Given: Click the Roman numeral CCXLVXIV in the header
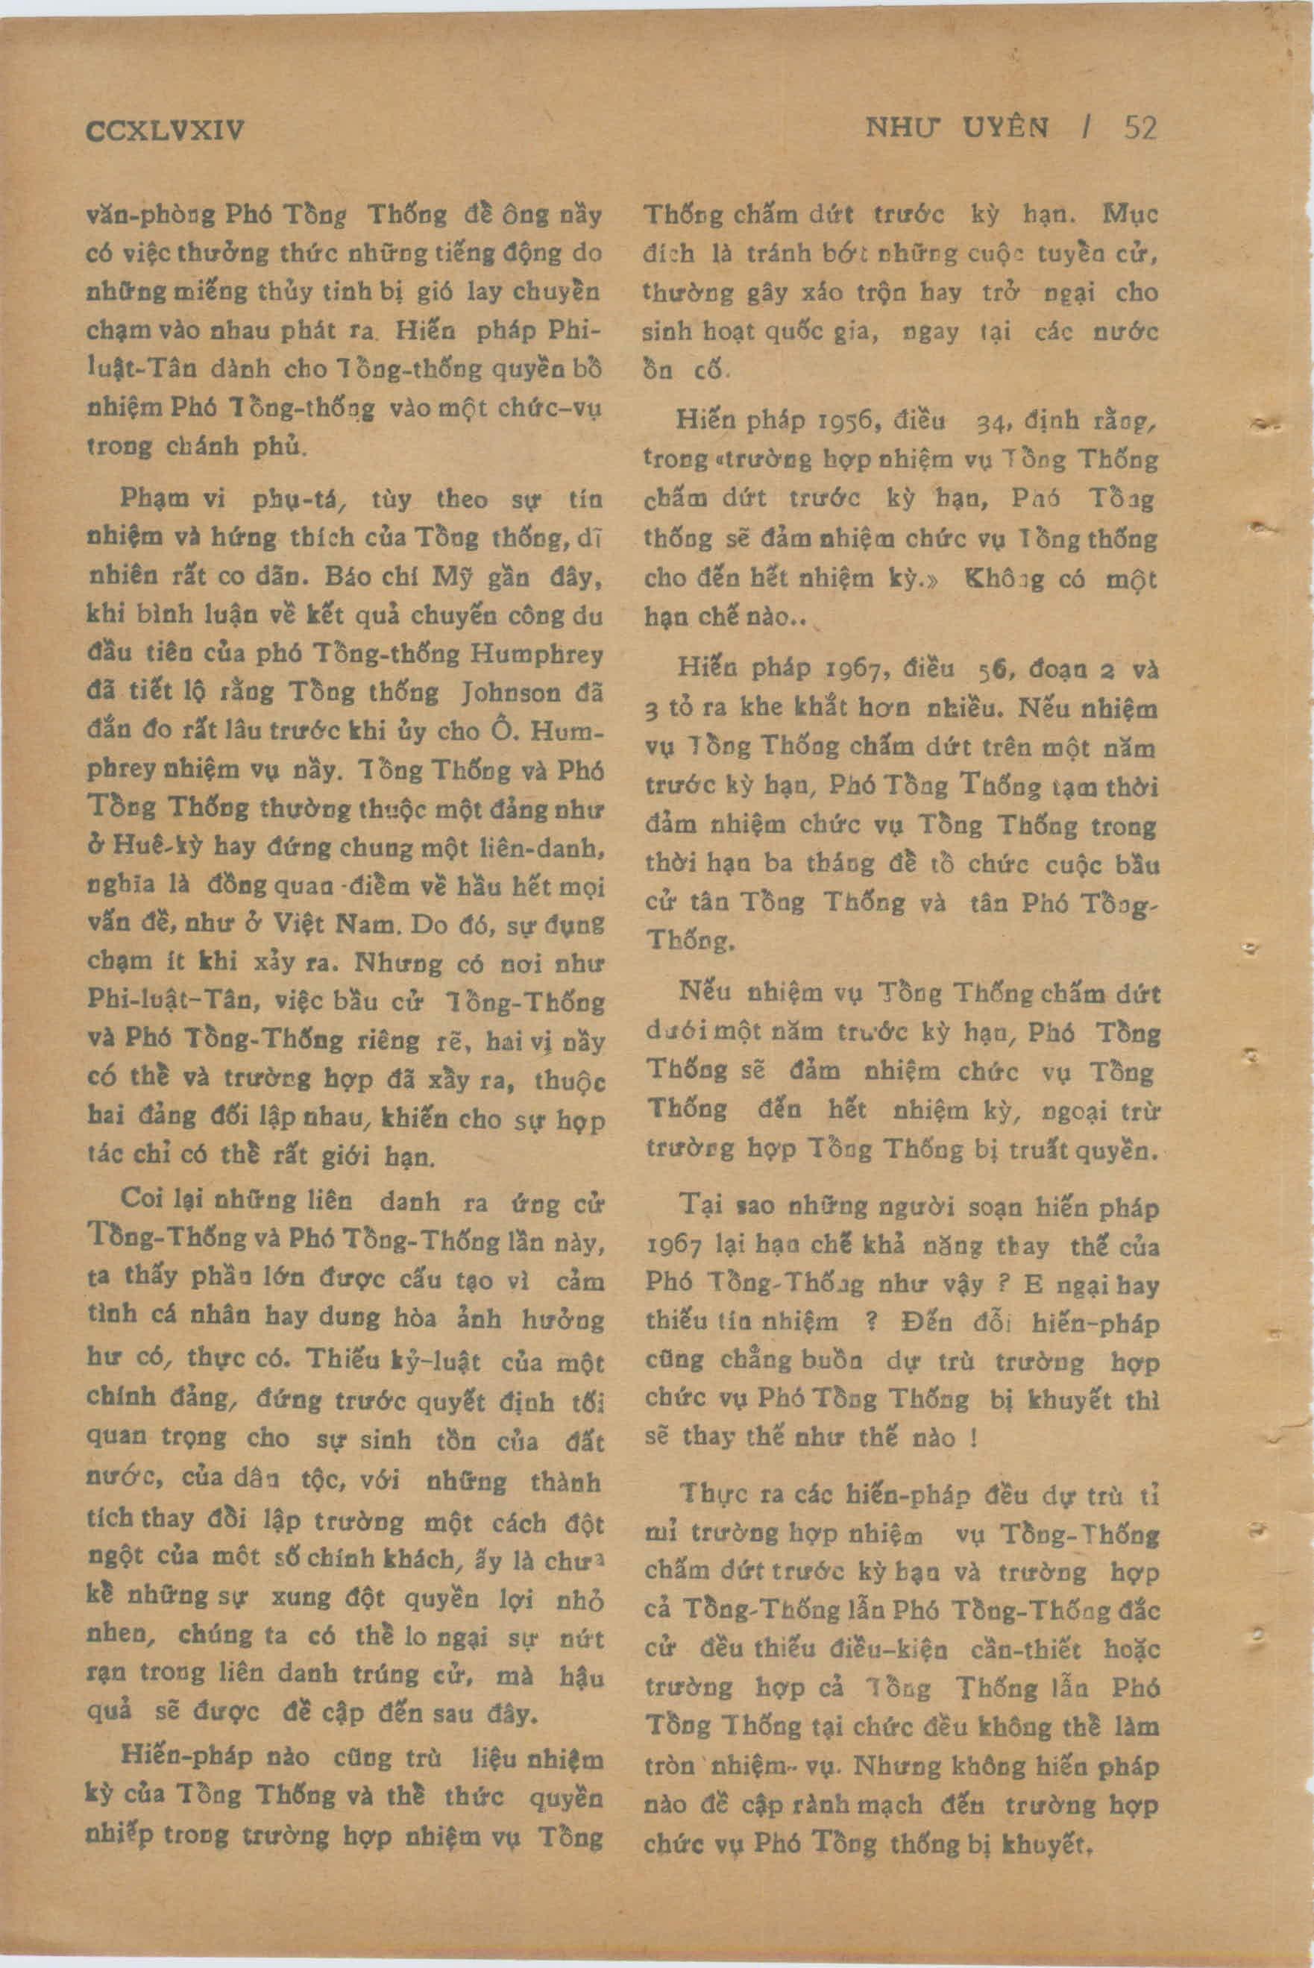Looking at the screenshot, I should click(x=165, y=131).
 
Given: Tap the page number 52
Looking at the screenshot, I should click(x=1139, y=128).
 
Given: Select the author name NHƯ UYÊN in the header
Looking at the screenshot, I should click(x=956, y=128).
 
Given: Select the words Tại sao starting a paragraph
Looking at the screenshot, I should click(x=712, y=1207).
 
